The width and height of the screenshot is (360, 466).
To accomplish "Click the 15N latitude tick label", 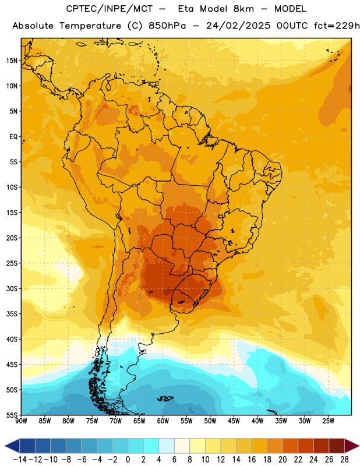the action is click(12, 61).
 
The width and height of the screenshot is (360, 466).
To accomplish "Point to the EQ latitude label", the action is click(13, 137).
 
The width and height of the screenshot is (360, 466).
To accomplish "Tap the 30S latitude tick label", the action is click(12, 288).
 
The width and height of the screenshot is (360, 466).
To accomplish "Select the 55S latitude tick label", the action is click(12, 415).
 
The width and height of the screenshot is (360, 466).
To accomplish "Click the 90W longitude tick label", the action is click(21, 421).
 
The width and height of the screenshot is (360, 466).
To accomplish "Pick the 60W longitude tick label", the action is click(163, 421).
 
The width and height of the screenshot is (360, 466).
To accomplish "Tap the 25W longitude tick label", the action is click(328, 421).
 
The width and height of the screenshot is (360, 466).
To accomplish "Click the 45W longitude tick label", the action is click(234, 421).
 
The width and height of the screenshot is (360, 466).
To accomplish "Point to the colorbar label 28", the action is click(344, 460).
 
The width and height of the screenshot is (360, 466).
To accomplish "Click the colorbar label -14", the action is click(20, 460).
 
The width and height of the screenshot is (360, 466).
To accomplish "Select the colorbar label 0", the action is click(128, 460).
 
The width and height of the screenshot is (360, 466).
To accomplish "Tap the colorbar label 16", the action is click(252, 460).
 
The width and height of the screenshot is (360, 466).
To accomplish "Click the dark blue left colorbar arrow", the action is click(12, 446).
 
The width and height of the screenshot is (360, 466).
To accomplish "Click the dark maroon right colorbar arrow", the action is click(352, 446).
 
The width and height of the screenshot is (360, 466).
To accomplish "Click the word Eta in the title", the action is click(186, 9).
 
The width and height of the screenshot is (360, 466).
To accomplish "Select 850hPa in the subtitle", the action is click(167, 26).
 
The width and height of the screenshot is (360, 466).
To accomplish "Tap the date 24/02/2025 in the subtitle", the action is click(238, 26).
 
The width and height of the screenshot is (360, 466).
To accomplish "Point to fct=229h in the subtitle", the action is click(337, 26).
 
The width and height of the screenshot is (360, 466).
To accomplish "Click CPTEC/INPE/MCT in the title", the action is click(110, 9).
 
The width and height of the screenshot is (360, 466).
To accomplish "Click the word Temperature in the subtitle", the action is click(90, 26).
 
